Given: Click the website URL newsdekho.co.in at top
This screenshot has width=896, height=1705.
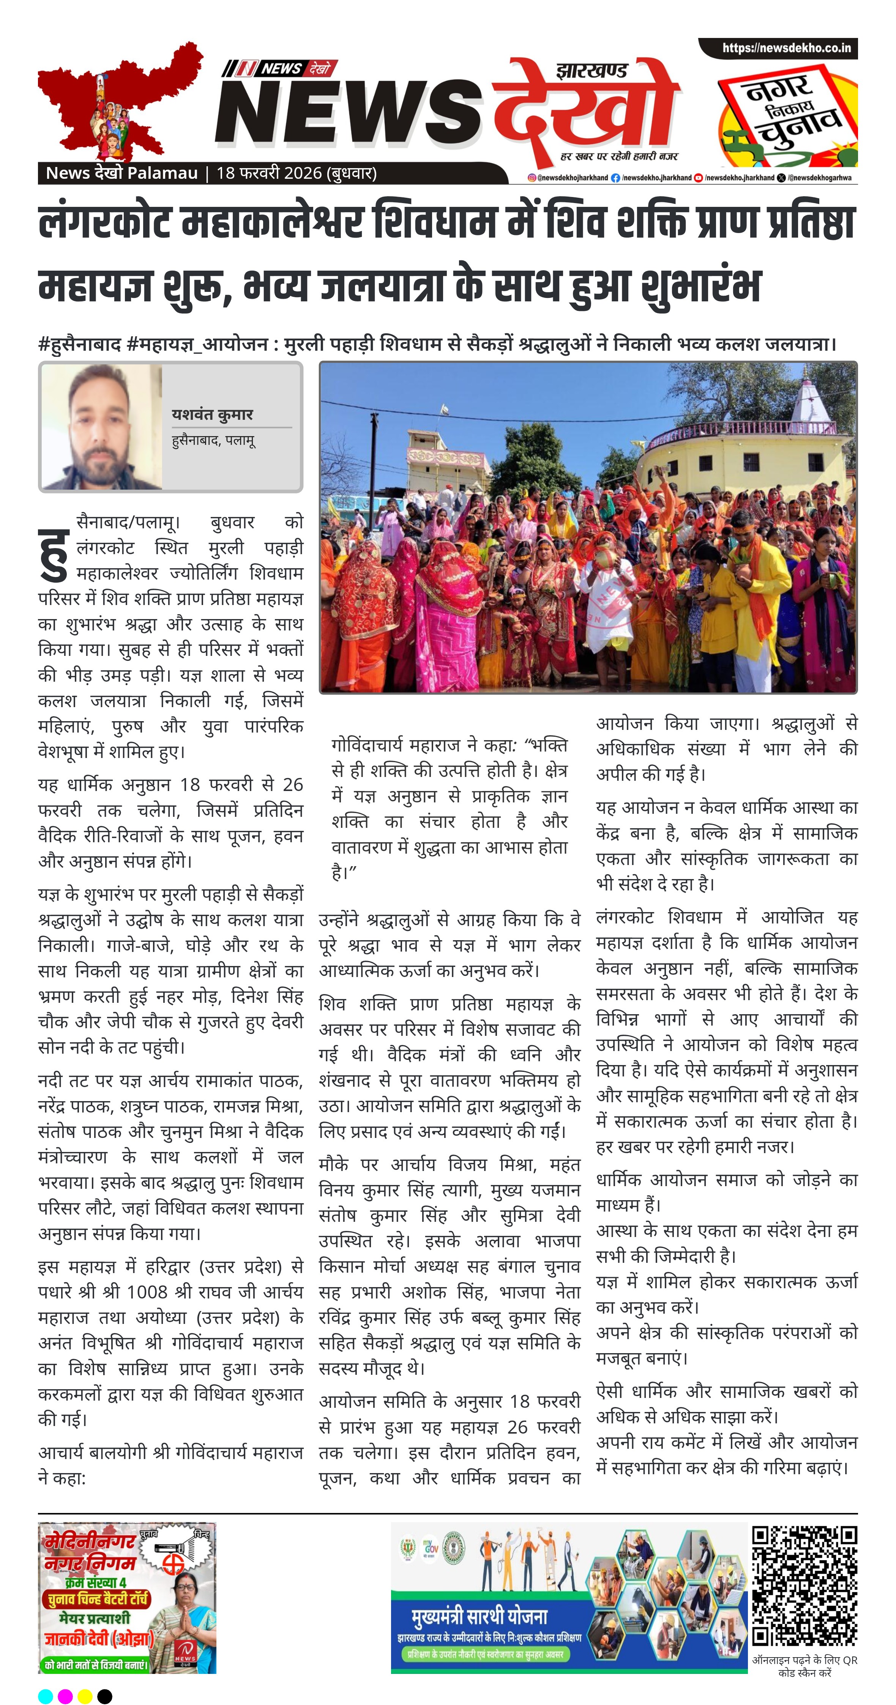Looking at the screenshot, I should tap(786, 48).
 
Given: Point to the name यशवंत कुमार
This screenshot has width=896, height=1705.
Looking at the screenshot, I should tap(212, 414).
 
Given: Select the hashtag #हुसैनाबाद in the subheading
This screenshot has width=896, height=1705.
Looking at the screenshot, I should tap(79, 344).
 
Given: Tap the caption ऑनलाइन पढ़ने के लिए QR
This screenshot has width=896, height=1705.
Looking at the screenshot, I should tap(804, 1660).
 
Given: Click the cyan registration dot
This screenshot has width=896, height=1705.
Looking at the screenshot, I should tap(45, 1696).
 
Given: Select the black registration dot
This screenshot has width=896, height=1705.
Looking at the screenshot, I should tap(105, 1696).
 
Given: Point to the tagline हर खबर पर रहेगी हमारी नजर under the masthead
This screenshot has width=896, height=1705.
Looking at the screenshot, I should tap(619, 156).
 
